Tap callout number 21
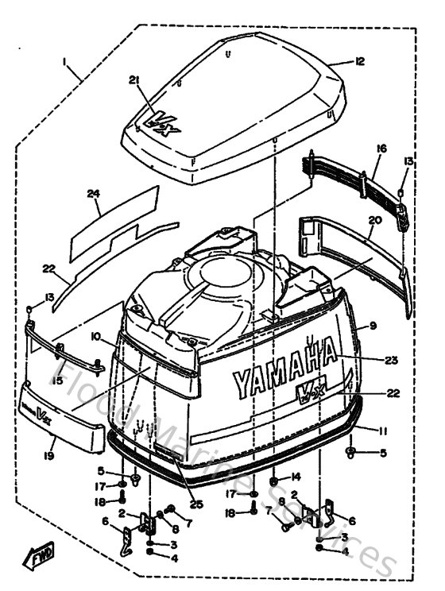[x=133, y=79]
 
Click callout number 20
[x=375, y=220]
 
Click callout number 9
[x=370, y=326]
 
